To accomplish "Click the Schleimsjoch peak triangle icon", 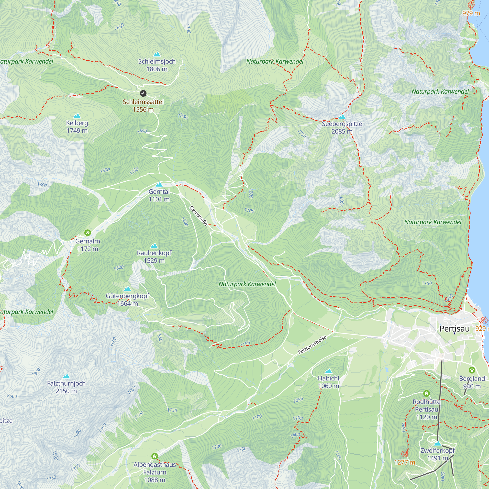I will (157, 54).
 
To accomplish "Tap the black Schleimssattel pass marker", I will (143, 93).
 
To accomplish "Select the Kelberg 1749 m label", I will (77, 127).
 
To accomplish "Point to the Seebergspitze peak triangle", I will (342, 117).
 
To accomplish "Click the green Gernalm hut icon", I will (88, 233).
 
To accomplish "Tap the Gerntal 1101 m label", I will (159, 195).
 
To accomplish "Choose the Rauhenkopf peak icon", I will (154, 246).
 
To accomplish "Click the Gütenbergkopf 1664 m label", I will (127, 300).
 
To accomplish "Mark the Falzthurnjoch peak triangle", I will (66, 376).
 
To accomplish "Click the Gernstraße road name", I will (199, 216).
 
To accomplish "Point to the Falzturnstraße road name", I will (312, 345).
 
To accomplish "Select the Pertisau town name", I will (454, 329).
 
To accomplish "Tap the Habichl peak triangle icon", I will (328, 371).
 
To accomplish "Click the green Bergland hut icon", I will (472, 370).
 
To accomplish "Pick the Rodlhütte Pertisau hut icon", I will (426, 393).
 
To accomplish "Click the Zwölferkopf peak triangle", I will (438, 444).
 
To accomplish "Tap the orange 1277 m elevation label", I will (404, 462).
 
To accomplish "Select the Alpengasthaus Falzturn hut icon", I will (155, 456).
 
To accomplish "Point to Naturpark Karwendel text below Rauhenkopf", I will (247, 284).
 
